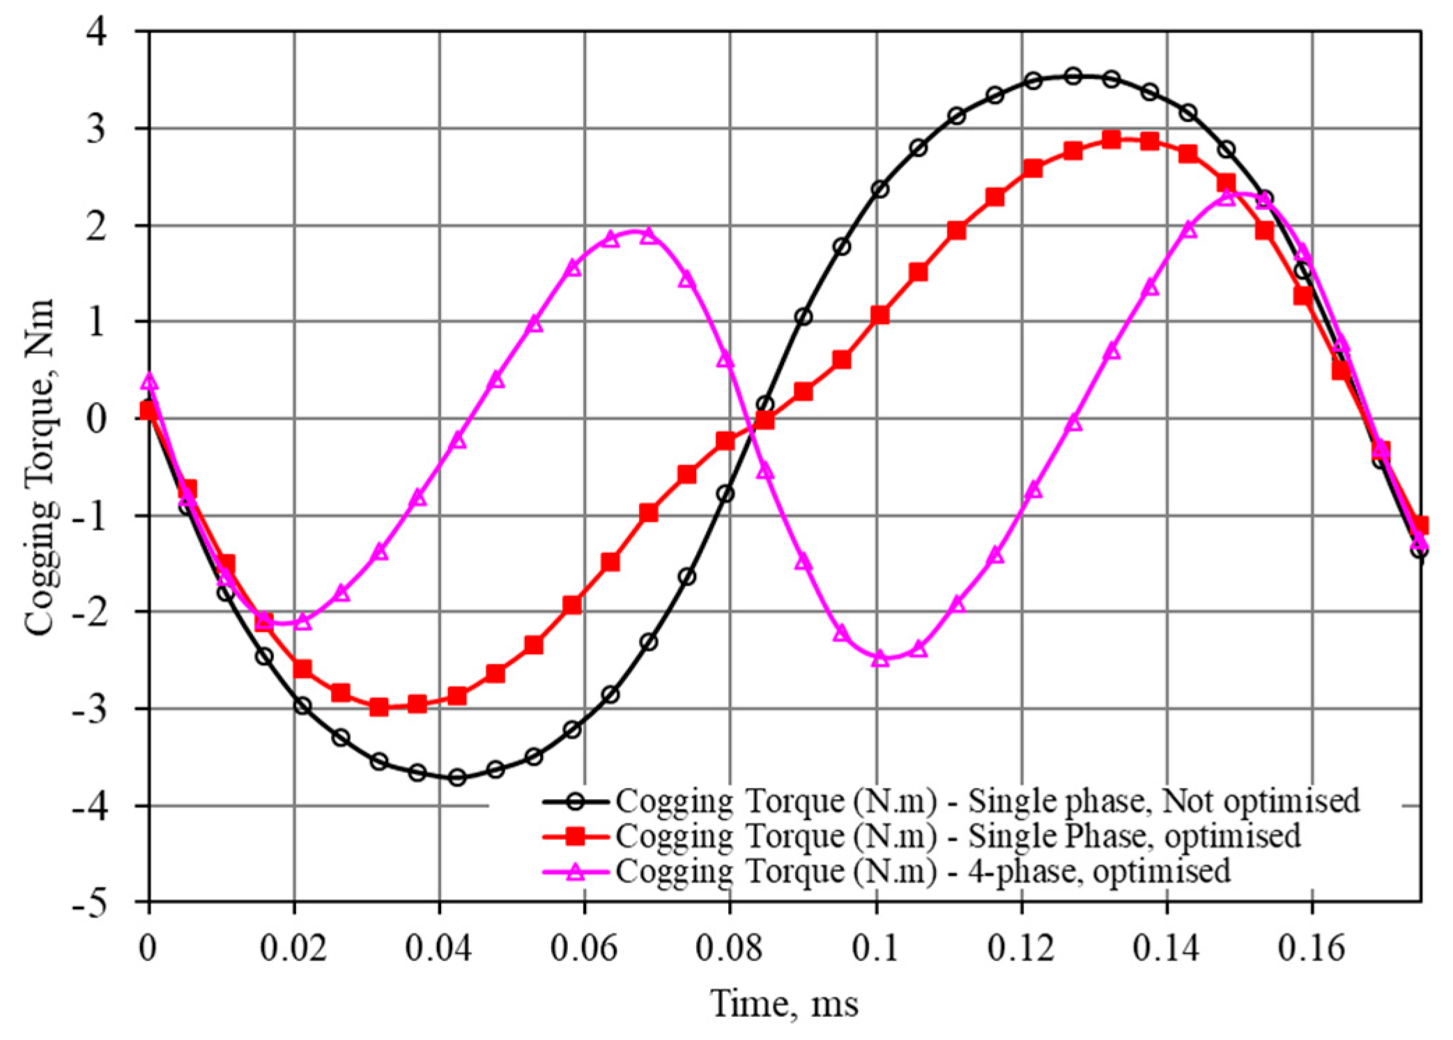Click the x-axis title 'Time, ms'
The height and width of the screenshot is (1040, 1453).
coord(784,1004)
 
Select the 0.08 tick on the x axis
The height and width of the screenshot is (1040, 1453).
coord(730,948)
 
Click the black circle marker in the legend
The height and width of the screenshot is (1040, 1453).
coord(576,801)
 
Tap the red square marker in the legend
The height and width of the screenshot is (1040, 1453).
coord(576,836)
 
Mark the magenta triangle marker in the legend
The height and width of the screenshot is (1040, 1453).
coord(576,871)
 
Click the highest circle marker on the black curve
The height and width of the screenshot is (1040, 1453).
coord(1073,76)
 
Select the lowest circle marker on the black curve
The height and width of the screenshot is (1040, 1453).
coord(457,777)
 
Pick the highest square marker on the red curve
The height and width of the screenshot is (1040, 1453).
coord(1112,139)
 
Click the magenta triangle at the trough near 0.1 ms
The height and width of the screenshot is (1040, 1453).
coord(880,658)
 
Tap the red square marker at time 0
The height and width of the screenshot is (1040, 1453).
coord(148,410)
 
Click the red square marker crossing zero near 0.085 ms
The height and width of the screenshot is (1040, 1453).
coord(764,420)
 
